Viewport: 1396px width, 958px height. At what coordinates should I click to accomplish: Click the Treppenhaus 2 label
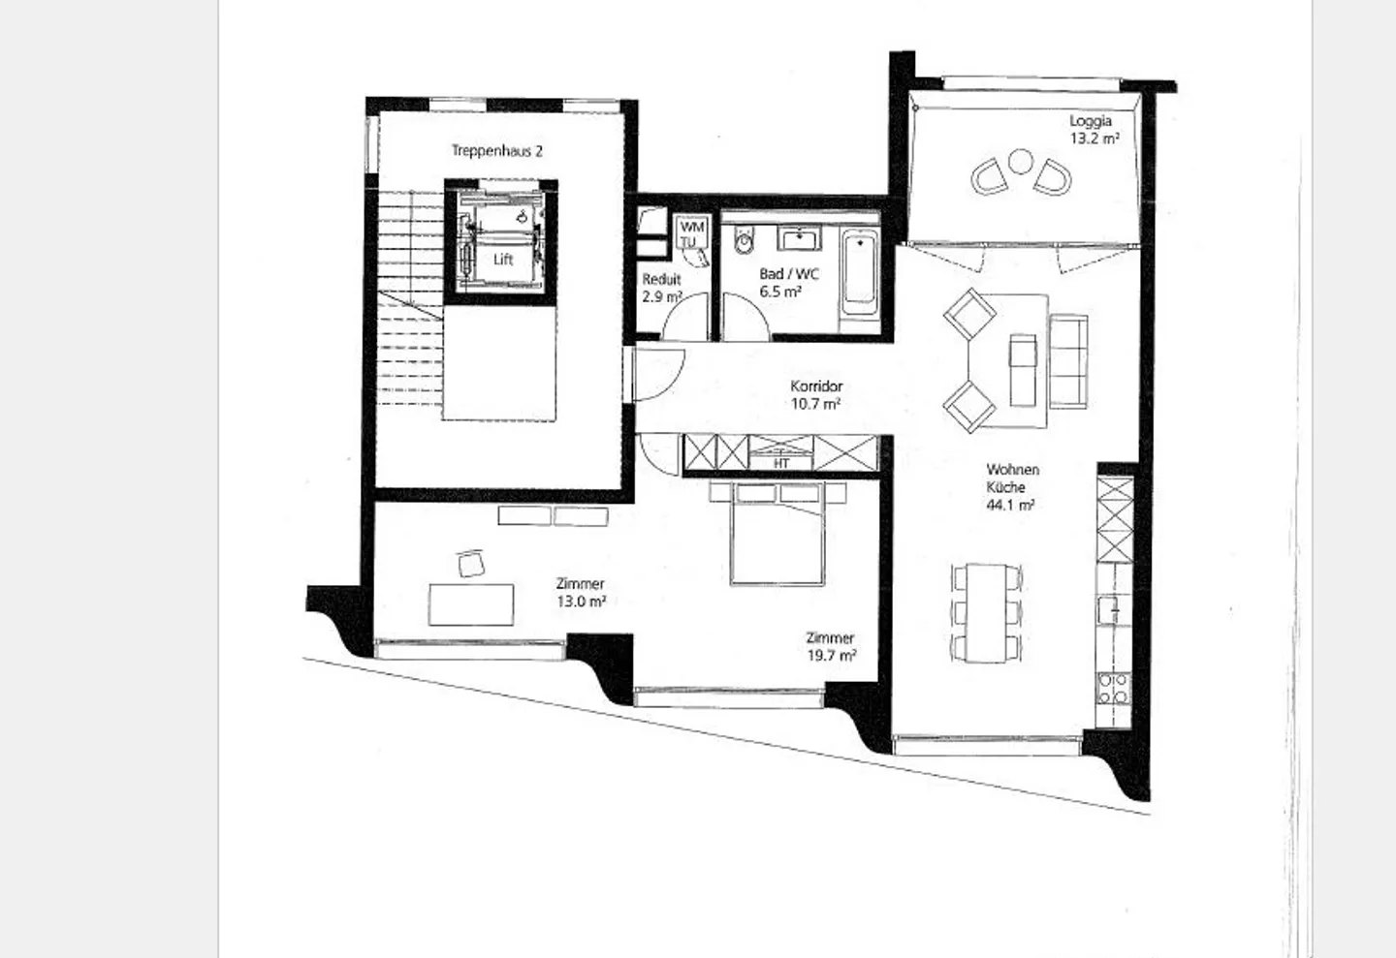coord(496,151)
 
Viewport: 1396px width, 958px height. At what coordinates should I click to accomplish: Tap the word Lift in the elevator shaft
coord(503,260)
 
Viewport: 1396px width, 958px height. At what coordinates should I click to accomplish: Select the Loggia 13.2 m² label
coord(1095,130)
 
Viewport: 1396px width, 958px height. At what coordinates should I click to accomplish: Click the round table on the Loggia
coord(1021,162)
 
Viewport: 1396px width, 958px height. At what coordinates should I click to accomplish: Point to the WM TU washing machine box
coord(691,232)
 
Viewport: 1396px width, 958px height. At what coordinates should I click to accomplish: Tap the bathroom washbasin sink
coord(800,238)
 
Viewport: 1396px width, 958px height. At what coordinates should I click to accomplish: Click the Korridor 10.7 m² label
coord(816,395)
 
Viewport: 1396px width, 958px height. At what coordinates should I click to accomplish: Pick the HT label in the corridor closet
coord(781,463)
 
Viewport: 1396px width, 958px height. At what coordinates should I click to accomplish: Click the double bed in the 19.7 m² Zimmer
coord(777,535)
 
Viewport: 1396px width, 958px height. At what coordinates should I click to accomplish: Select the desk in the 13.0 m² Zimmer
coord(471,604)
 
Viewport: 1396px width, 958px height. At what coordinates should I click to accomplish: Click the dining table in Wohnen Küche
coord(987,613)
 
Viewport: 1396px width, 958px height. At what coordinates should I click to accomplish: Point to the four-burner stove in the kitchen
coord(1114,689)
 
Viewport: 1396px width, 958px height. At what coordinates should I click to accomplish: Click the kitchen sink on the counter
coord(1109,609)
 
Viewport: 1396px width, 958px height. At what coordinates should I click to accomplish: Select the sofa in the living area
coord(1068,361)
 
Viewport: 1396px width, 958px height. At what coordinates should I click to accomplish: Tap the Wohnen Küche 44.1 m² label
coord(1012,487)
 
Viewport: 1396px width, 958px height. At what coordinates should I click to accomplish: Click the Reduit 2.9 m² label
coord(662,288)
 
